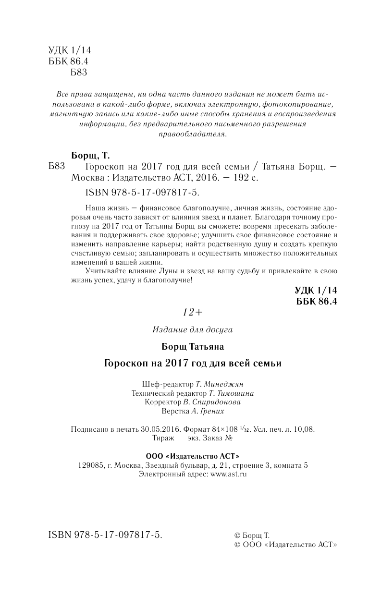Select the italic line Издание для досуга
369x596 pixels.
192,330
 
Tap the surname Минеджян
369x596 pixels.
227,384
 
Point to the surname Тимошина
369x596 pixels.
235,393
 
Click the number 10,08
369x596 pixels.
305,429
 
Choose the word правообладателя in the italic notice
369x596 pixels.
192,135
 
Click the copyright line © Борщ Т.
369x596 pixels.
251,535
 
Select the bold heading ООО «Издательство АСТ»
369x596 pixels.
192,456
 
